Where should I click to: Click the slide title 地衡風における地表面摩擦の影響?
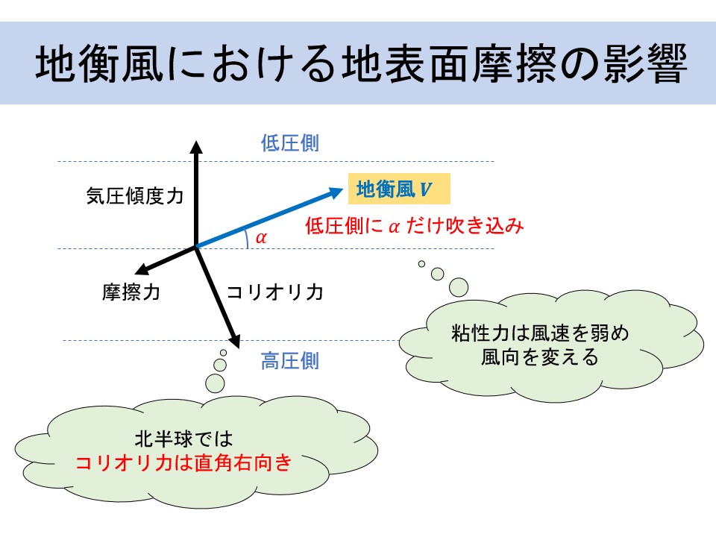(x=361, y=63)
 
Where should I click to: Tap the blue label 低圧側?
(x=290, y=143)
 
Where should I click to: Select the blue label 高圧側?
(x=290, y=361)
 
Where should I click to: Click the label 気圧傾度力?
(x=135, y=196)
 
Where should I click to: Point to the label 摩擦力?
(x=131, y=292)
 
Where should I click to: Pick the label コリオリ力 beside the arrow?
(x=275, y=292)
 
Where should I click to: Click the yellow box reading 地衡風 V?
(x=399, y=189)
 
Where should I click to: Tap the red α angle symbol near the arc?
(x=261, y=237)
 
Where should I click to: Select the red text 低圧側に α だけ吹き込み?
(x=414, y=225)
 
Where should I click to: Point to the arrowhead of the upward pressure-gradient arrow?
(x=196, y=147)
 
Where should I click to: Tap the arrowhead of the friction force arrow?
(x=142, y=269)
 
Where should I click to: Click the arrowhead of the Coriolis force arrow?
(x=234, y=342)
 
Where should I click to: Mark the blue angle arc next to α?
(x=247, y=239)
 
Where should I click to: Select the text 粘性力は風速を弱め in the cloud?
(x=540, y=333)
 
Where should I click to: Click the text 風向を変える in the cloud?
(x=540, y=357)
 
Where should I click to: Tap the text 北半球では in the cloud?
(x=183, y=439)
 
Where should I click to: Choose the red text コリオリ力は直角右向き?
(x=183, y=462)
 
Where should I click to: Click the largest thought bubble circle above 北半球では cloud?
(x=215, y=384)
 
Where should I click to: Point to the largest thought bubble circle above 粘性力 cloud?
(x=459, y=287)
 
